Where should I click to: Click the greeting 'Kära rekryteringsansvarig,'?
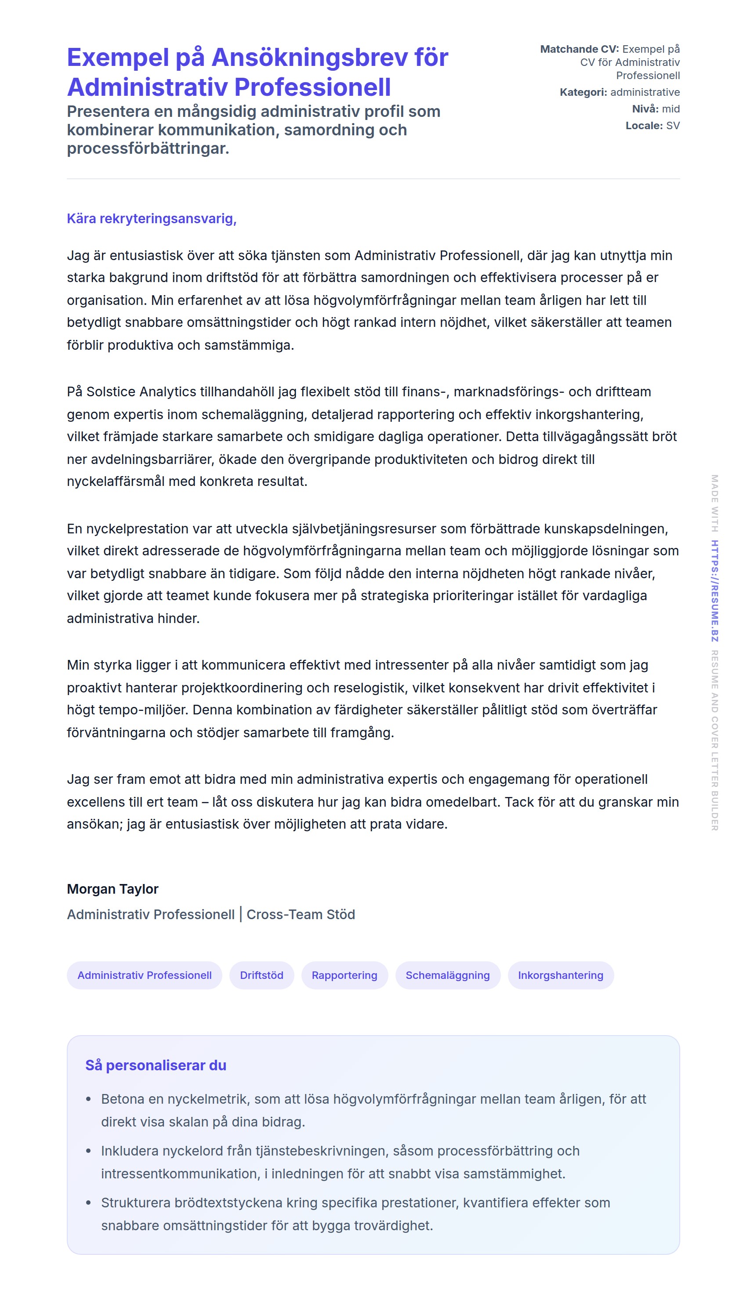click(x=151, y=218)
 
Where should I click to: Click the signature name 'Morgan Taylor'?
click(x=112, y=889)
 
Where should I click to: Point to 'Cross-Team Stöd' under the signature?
click(x=301, y=914)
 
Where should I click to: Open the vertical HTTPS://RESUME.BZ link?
click(x=714, y=591)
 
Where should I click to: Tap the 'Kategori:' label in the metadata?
click(x=583, y=92)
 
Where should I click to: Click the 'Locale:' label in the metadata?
click(x=644, y=126)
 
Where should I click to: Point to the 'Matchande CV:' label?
click(x=579, y=49)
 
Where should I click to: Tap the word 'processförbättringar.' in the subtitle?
click(x=148, y=149)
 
